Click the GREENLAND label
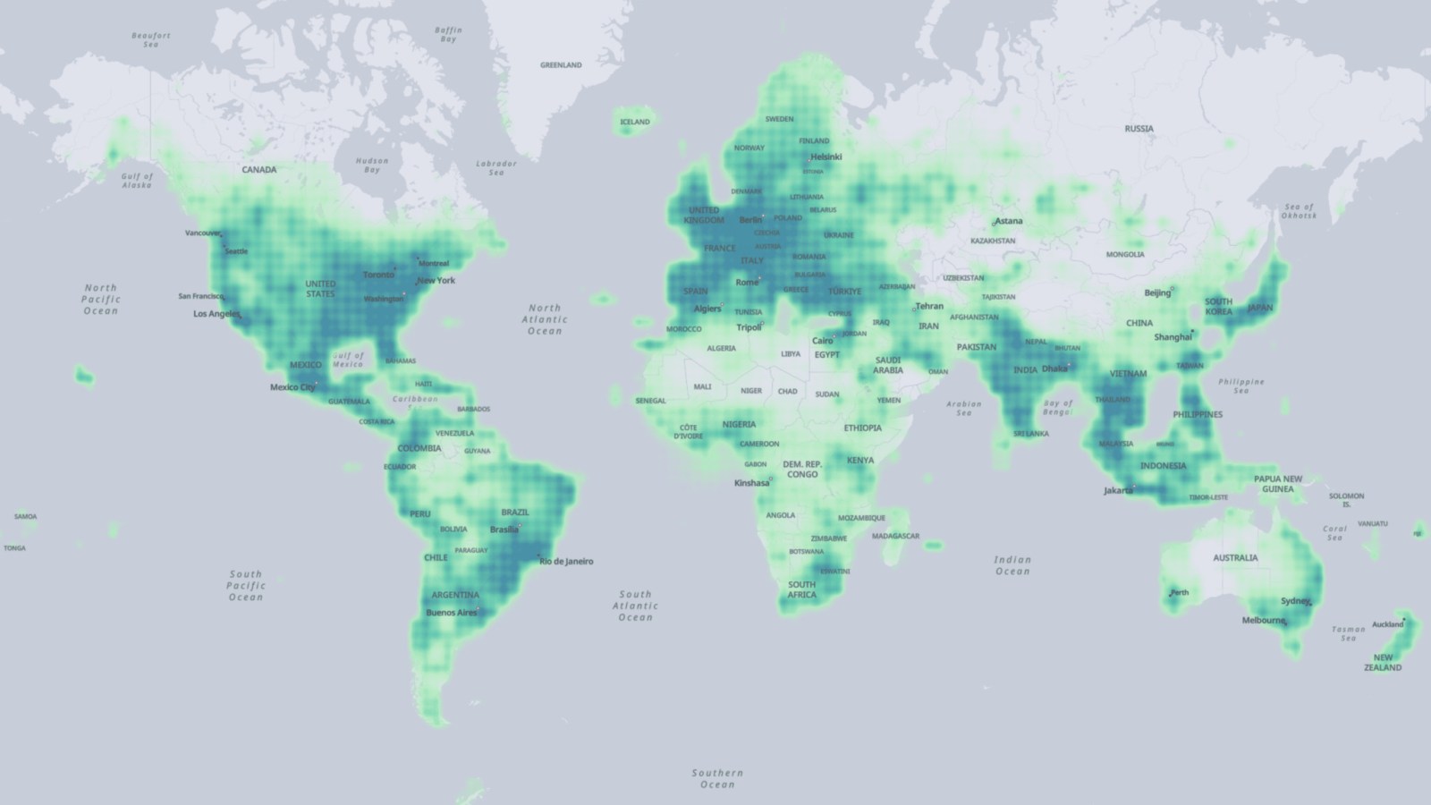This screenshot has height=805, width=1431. (561, 65)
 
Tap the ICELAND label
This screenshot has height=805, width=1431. (635, 122)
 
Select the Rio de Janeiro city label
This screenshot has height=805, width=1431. (566, 562)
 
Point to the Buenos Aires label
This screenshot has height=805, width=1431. (452, 613)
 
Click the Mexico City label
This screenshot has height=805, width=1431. (292, 387)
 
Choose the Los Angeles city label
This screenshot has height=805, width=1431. (216, 314)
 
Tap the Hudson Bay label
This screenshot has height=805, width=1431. (372, 165)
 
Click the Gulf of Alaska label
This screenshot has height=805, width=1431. (137, 181)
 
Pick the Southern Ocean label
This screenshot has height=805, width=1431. (717, 778)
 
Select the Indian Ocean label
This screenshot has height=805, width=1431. (1012, 565)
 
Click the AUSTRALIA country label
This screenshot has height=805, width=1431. (1235, 558)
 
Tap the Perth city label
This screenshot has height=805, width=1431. (1180, 592)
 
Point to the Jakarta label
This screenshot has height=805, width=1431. (1118, 490)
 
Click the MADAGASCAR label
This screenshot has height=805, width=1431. (895, 536)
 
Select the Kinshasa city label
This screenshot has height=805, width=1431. (751, 483)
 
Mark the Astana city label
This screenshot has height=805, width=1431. (1009, 221)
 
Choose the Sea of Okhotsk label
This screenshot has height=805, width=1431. (1299, 211)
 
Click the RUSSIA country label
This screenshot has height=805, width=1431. (1139, 129)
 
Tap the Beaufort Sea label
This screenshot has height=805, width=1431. (150, 40)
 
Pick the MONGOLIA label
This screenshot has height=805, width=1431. (1125, 254)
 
